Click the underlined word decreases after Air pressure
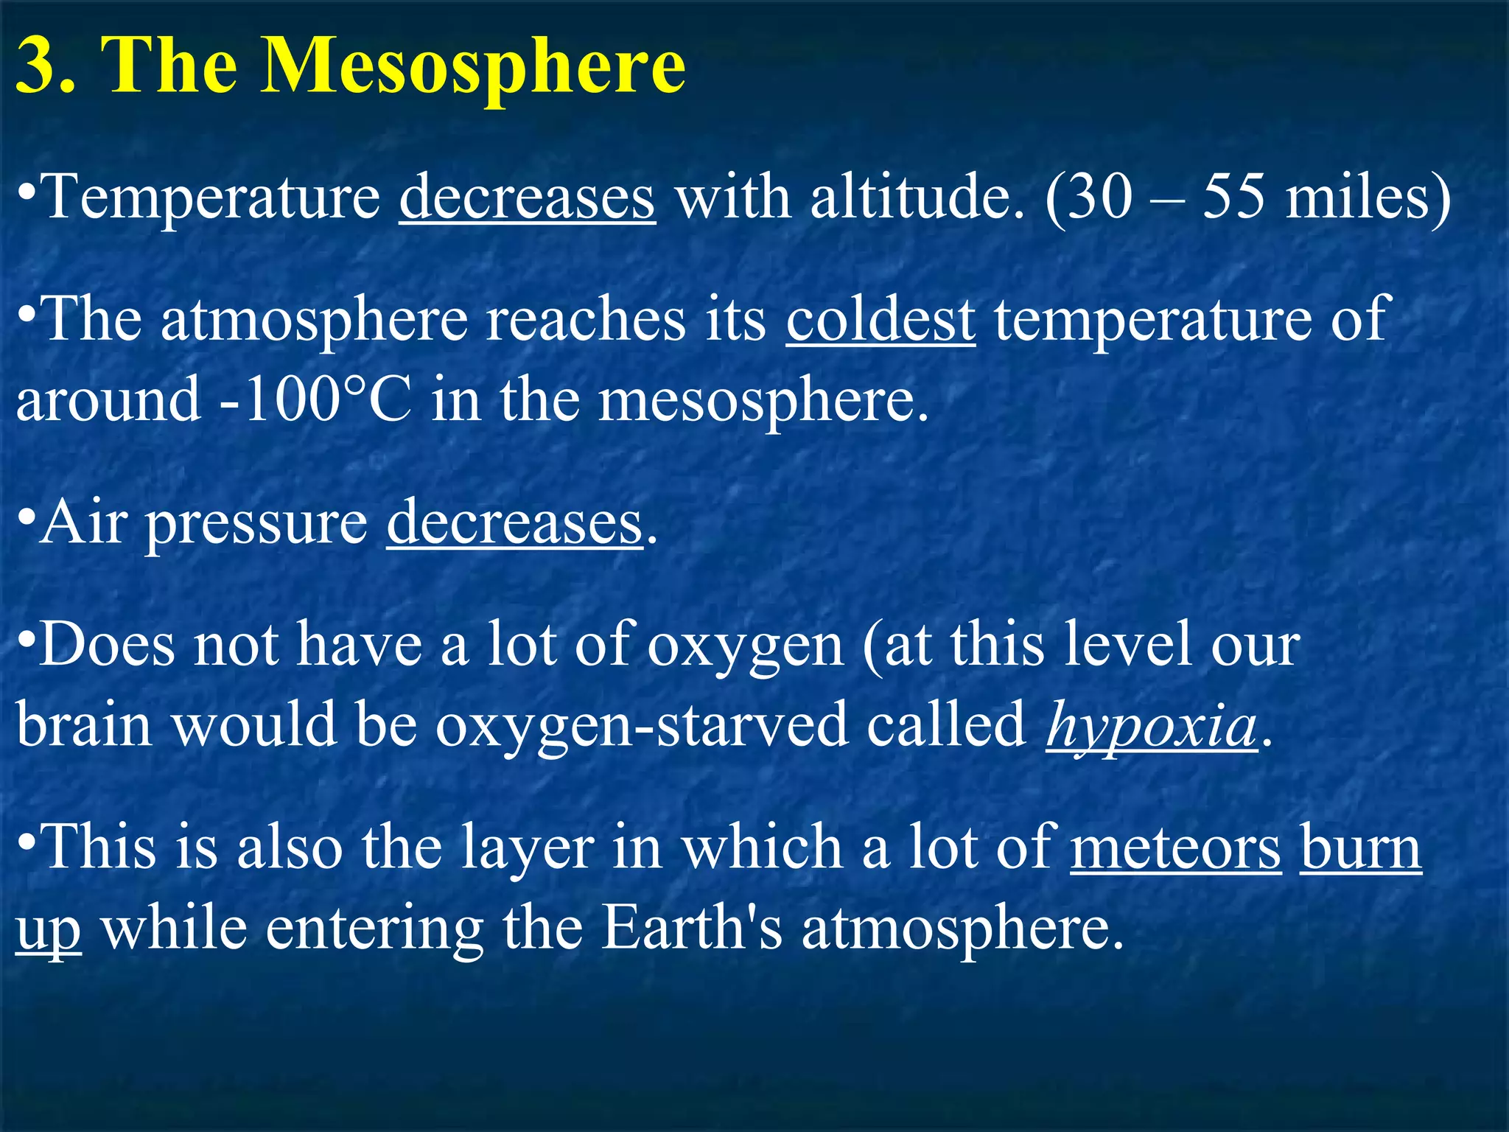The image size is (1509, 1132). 515,523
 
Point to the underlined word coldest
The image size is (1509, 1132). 880,320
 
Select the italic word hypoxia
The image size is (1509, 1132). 1152,725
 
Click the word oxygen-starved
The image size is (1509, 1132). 641,725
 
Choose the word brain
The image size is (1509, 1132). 84,724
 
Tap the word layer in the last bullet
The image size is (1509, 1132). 528,849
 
